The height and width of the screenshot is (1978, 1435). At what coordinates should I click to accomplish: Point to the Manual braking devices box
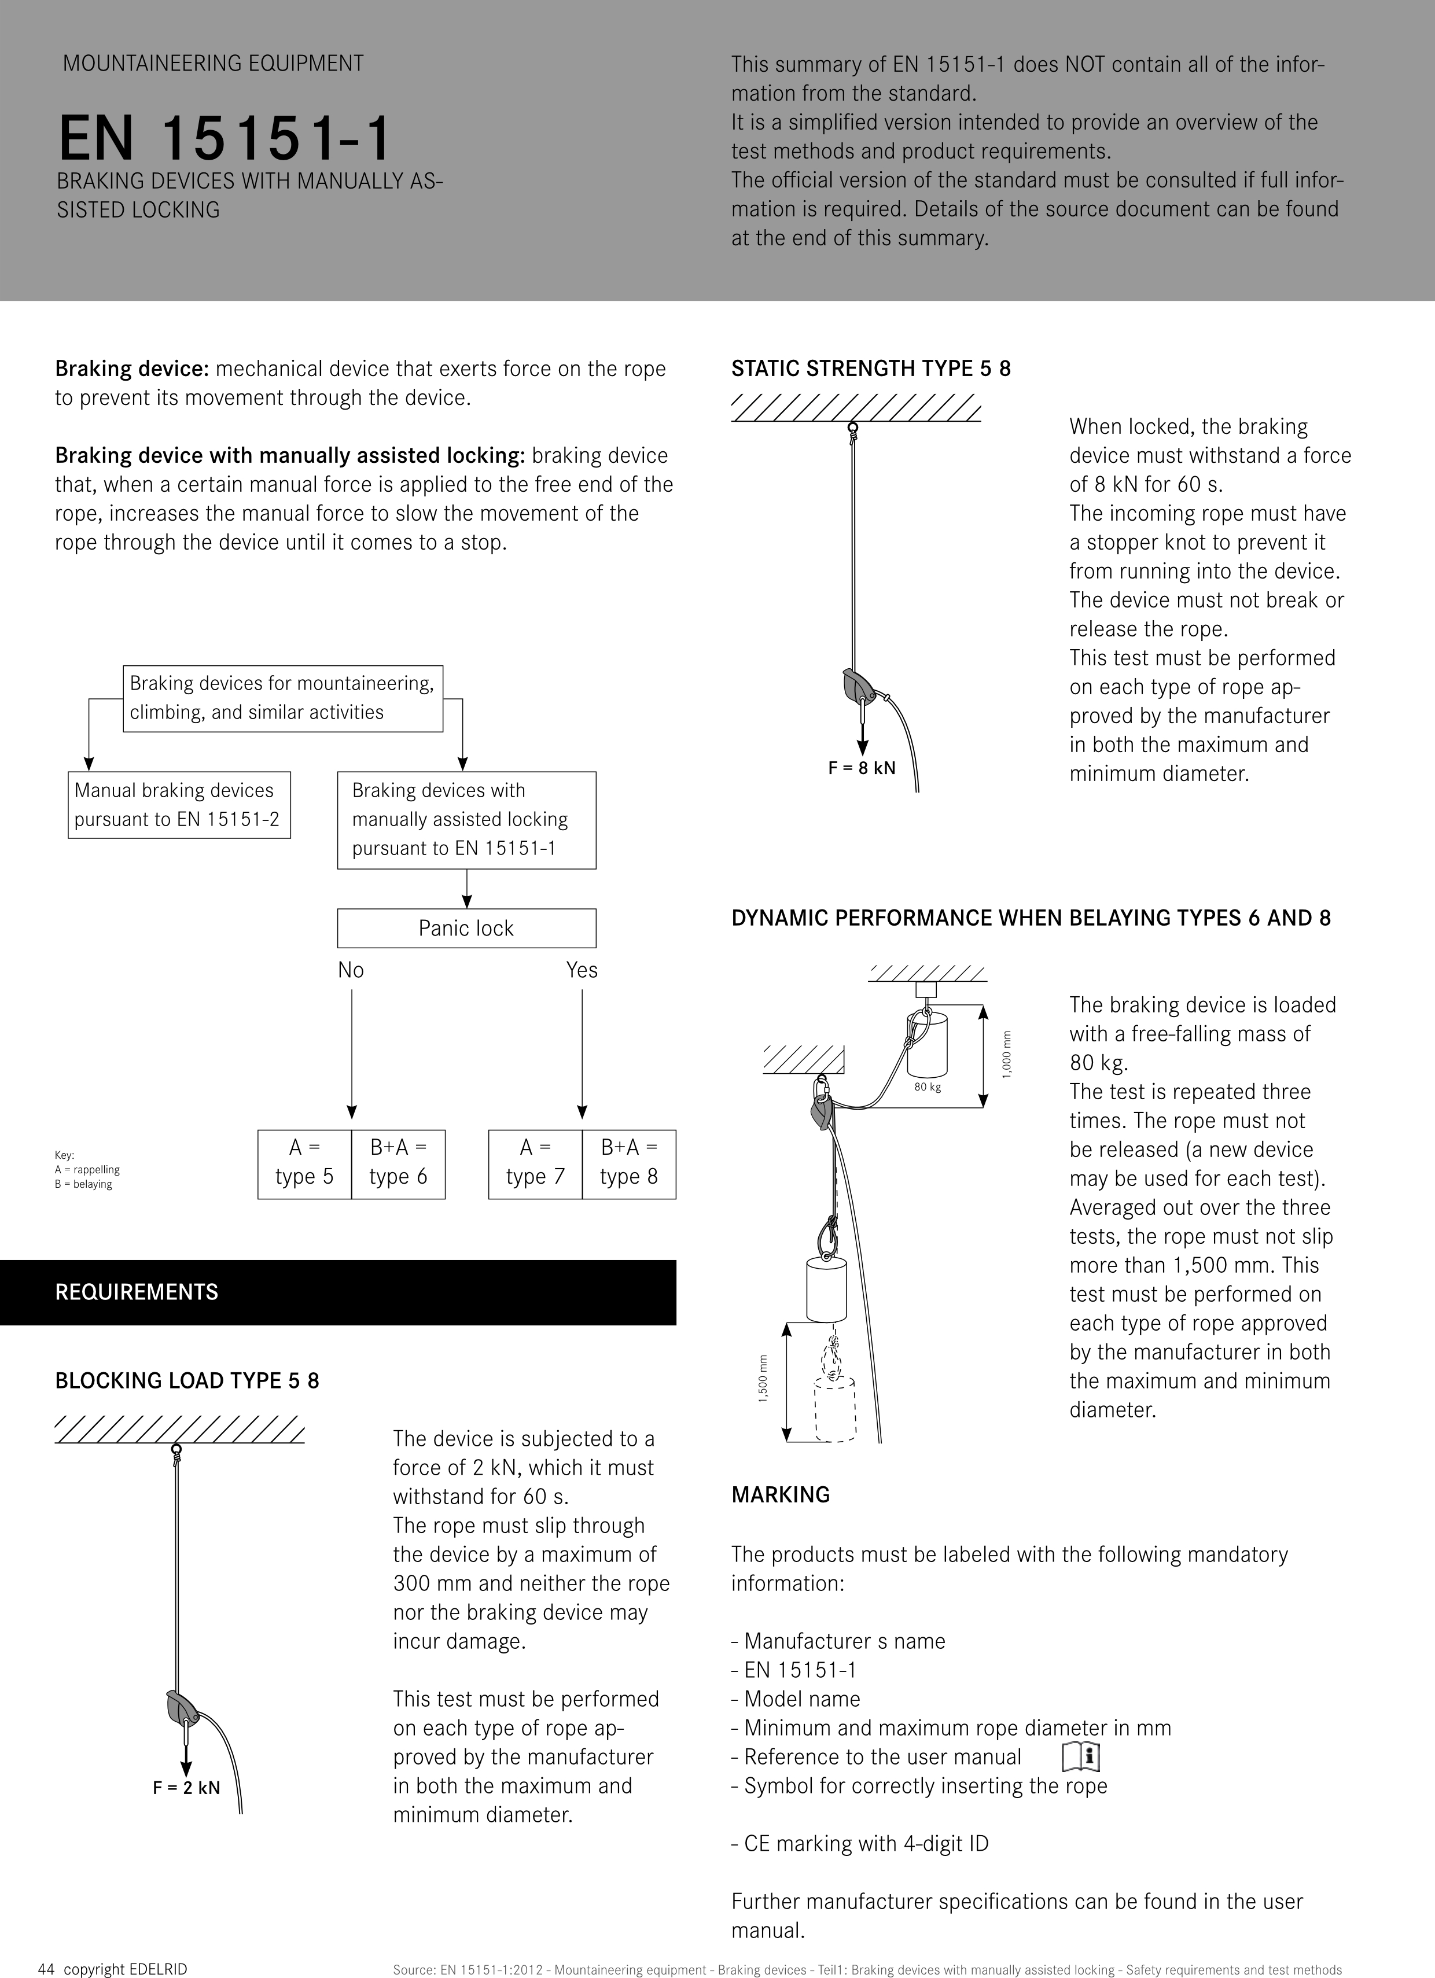pyautogui.click(x=179, y=804)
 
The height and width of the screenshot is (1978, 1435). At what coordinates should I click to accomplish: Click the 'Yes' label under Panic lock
pyautogui.click(x=582, y=970)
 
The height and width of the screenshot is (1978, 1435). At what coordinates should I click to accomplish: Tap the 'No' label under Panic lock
pyautogui.click(x=351, y=970)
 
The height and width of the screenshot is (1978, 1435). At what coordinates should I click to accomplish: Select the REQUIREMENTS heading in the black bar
pyautogui.click(x=137, y=1292)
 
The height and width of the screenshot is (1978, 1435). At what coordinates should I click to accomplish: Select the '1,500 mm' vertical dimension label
pyautogui.click(x=763, y=1378)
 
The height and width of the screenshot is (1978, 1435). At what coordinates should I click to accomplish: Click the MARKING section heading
pyautogui.click(x=781, y=1495)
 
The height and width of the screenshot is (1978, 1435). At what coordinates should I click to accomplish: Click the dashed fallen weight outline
pyautogui.click(x=835, y=1408)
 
